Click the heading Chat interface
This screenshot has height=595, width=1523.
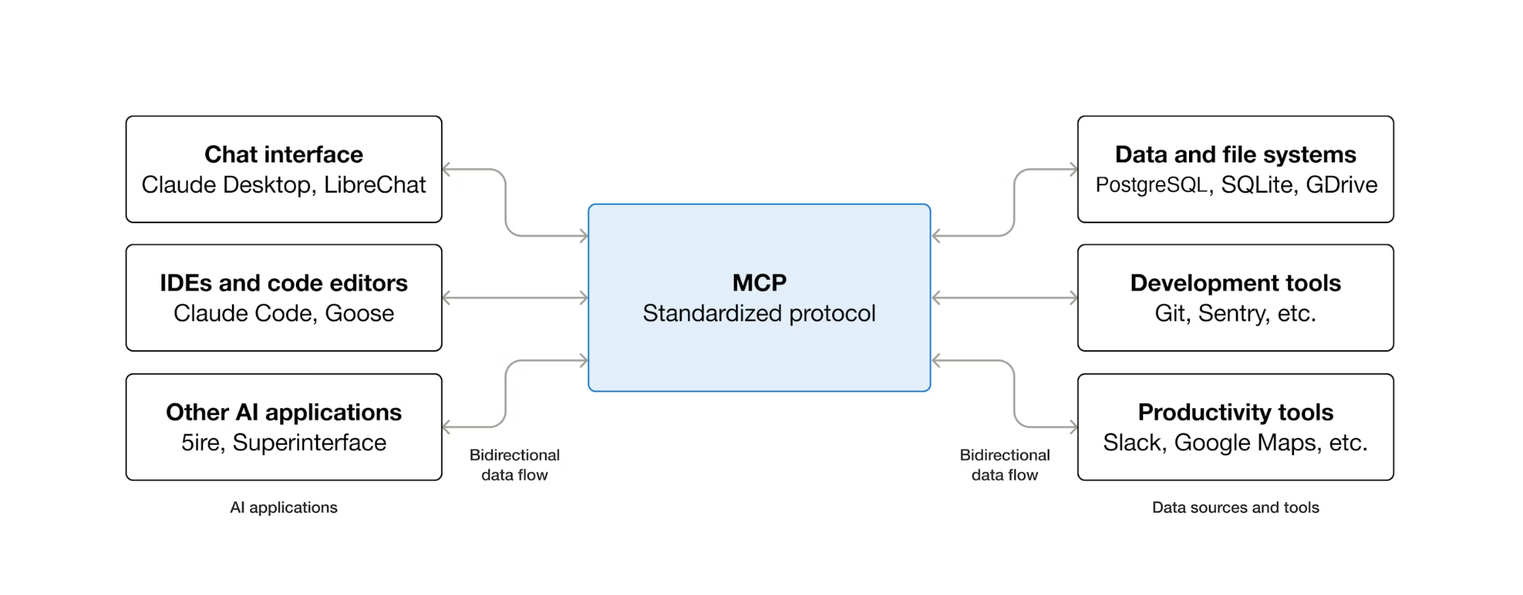click(x=283, y=155)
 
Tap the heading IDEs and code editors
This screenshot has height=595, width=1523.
click(x=283, y=283)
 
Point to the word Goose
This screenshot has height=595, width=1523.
click(x=359, y=314)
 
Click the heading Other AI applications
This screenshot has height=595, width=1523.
click(x=283, y=413)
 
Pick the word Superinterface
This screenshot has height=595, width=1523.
click(x=309, y=443)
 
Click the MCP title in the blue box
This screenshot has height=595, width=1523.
click(x=759, y=283)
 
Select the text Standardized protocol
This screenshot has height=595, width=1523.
click(x=759, y=314)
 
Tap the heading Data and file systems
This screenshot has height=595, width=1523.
click(x=1235, y=155)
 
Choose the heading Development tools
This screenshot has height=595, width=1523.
click(x=1235, y=283)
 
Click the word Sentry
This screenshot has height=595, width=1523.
click(x=1231, y=314)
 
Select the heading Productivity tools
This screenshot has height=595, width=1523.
click(x=1235, y=413)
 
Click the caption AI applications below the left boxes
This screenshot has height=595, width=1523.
click(x=283, y=508)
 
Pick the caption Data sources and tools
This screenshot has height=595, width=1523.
click(x=1235, y=508)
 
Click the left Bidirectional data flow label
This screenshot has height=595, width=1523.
click(x=515, y=465)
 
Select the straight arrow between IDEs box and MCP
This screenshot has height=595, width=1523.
click(x=515, y=298)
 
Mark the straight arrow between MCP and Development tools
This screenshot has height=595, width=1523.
click(x=1004, y=298)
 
